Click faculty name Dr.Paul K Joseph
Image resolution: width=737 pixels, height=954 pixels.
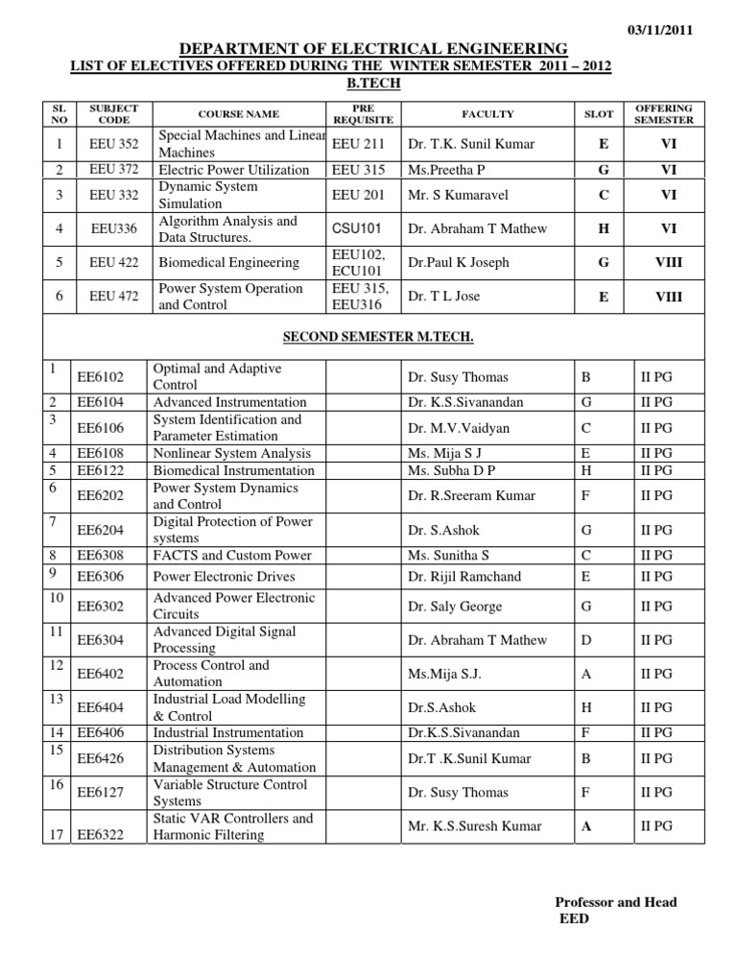(458, 263)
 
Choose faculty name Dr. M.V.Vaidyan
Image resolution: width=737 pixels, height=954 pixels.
(459, 428)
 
